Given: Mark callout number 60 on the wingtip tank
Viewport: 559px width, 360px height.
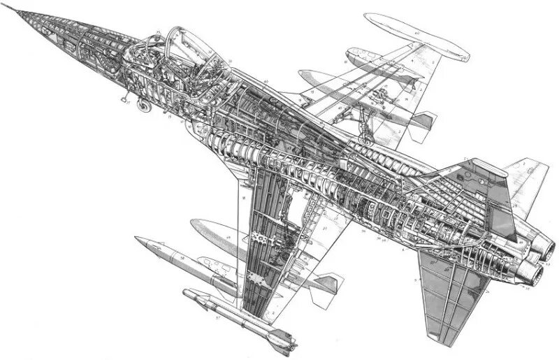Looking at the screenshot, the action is pos(416,32).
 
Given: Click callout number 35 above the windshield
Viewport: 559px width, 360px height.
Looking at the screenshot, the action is pos(160,31).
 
